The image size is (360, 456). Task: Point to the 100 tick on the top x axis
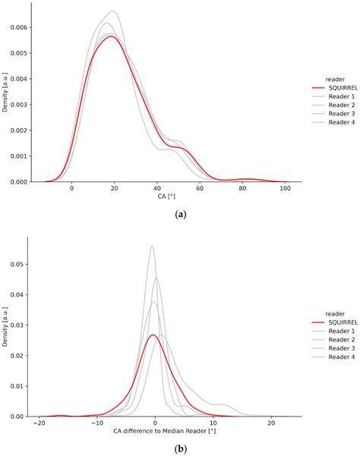[285, 189]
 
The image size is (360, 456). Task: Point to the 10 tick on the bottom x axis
[213, 423]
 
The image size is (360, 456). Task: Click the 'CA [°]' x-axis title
[178, 199]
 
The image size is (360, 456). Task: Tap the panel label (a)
[180, 215]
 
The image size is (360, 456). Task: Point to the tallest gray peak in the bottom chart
[152, 246]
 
